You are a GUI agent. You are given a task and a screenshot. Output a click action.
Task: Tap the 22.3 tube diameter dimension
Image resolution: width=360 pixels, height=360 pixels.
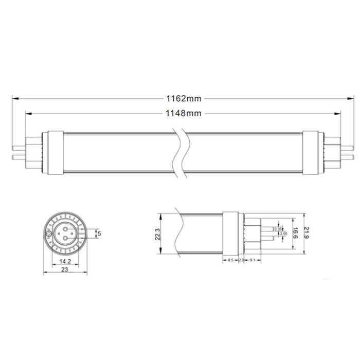158,234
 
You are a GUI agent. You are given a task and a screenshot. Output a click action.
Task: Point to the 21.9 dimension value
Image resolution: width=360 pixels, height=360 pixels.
308,234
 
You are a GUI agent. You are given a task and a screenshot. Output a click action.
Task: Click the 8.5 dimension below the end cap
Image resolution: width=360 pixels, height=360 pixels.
231,260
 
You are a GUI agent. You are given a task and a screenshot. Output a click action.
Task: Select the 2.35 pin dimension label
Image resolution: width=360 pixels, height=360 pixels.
278,229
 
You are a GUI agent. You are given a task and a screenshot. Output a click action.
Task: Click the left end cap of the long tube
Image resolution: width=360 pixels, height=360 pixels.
56,152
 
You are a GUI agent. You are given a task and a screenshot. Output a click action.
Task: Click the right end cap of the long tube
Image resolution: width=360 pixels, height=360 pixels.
311,152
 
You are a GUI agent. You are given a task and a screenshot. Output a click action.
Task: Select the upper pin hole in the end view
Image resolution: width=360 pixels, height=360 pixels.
67,227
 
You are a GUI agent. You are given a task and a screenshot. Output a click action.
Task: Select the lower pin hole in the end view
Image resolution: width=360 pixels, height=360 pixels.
67,240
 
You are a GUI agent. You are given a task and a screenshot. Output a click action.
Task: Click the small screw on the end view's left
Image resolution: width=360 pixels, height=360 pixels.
49,233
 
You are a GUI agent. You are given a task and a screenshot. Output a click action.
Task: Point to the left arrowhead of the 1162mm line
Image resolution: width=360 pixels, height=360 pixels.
13,98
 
